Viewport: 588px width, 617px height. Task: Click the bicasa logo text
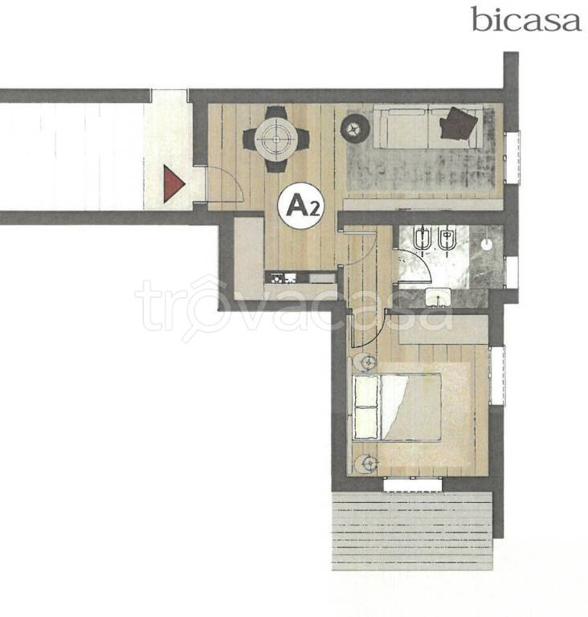click(526, 19)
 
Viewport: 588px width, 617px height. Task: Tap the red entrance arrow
click(174, 184)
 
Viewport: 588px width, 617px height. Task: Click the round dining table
click(276, 139)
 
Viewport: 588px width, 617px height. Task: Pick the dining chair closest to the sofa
click(302, 139)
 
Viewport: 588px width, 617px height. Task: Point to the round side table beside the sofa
click(355, 128)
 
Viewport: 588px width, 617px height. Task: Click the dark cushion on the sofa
click(458, 123)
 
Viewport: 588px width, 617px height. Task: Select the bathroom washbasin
click(438, 296)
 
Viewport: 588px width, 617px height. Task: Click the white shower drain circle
click(487, 244)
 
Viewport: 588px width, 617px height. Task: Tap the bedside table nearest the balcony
click(365, 464)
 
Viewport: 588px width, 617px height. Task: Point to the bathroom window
click(512, 272)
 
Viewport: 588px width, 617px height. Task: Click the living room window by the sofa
click(512, 157)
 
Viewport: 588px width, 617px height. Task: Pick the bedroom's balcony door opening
click(412, 484)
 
